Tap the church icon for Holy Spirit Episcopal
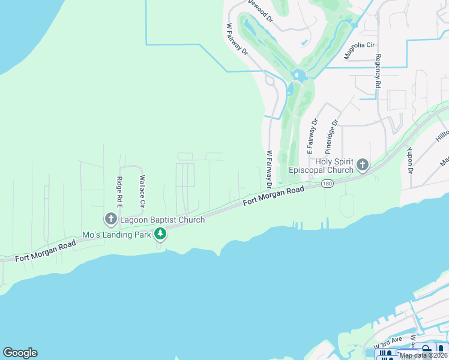(362, 164)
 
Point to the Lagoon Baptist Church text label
(162, 220)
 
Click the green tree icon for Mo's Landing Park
(160, 233)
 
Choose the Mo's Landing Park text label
(117, 234)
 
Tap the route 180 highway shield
(327, 184)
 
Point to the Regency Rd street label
(378, 71)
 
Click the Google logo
(20, 353)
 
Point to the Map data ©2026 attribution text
(423, 355)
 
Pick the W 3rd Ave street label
(387, 342)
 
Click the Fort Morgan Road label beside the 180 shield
(274, 197)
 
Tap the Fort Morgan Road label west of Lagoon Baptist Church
(46, 250)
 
